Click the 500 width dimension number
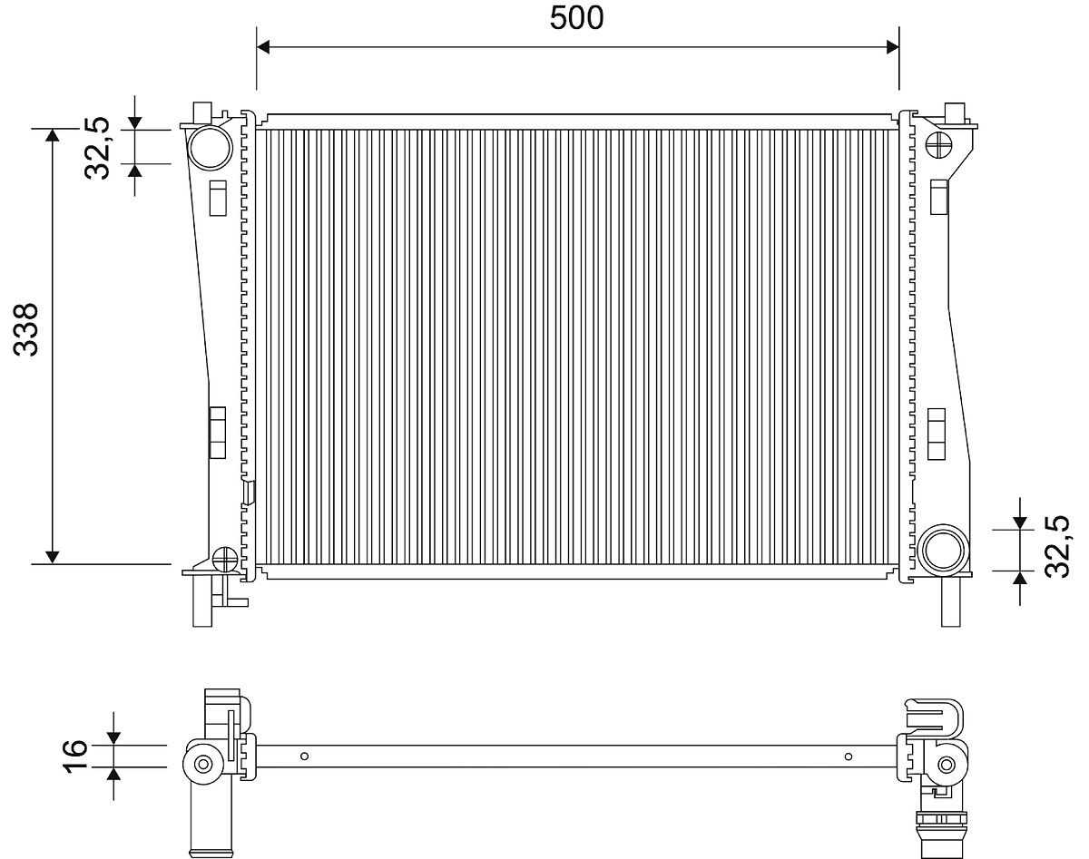click(576, 17)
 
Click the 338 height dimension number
click(25, 329)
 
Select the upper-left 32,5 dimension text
click(97, 148)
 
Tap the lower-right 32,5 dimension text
click(1057, 546)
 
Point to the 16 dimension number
click(76, 755)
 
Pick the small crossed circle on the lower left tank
click(224, 559)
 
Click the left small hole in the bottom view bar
click(305, 757)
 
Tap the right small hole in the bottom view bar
click(848, 757)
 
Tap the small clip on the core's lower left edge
click(249, 492)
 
